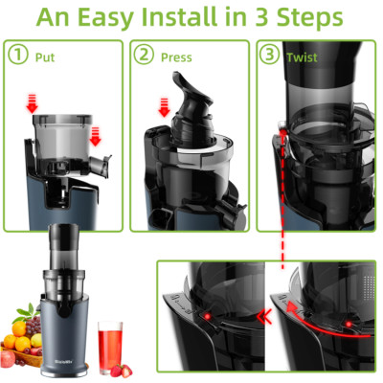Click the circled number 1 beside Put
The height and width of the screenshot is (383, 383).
(x=17, y=56)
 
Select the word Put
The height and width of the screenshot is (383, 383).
(x=44, y=56)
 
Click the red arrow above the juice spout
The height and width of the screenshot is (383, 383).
(x=96, y=140)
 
